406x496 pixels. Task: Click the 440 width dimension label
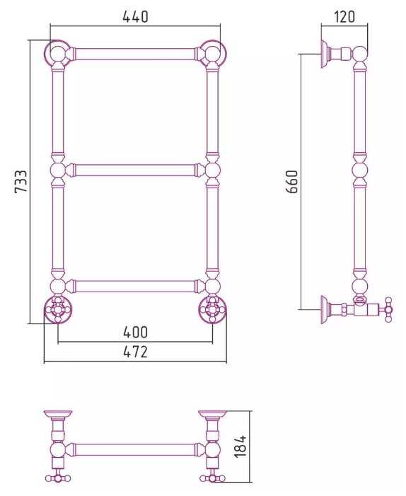[135, 17]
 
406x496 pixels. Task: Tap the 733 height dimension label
[21, 181]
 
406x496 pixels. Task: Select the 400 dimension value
[135, 332]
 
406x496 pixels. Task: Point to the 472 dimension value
[135, 352]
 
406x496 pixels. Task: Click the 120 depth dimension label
[344, 16]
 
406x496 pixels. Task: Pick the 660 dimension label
[292, 182]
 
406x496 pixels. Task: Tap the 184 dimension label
[240, 446]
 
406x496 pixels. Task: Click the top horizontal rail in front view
[135, 54]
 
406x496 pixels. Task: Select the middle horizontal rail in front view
[135, 171]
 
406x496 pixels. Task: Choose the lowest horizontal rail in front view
[135, 286]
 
